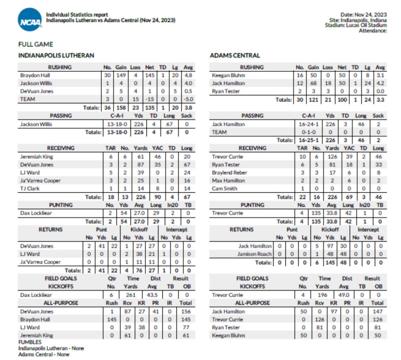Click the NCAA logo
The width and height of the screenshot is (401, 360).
pos(30,20)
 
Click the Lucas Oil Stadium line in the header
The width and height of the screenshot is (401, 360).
pos(356,25)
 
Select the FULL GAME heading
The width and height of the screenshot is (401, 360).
pos(35,44)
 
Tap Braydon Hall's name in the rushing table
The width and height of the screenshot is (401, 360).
pos(35,75)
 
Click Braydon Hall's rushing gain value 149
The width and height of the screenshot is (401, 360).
pos(121,75)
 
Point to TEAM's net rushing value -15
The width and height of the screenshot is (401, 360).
pos(150,99)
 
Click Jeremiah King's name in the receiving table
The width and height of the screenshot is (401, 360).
pos(36,157)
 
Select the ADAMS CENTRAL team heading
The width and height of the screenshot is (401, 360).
pos(235,56)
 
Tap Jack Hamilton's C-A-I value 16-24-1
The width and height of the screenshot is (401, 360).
pos(309,124)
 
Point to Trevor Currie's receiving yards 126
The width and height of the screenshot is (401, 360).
pos(332,157)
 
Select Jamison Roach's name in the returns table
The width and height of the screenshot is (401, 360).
pos(254,254)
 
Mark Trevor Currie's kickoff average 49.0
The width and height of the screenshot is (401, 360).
pos(345,295)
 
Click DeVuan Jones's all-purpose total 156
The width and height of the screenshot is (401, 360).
pos(186,311)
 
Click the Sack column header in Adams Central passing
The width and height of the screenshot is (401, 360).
pos(378,116)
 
